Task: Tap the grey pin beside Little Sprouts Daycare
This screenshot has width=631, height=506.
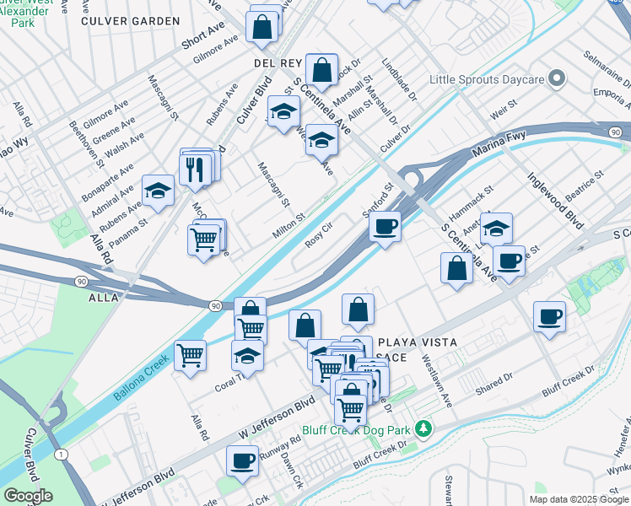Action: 556,79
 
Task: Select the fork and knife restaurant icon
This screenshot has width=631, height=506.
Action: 195,169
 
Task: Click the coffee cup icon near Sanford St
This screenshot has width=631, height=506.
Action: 385,227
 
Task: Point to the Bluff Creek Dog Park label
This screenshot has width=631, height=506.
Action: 369,431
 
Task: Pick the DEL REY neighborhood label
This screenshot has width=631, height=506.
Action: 272,63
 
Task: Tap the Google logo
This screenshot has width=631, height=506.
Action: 28,496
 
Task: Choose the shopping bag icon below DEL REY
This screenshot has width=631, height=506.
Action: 321,69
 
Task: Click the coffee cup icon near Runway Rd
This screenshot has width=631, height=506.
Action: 242,460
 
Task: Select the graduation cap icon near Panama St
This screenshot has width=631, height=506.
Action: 158,191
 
